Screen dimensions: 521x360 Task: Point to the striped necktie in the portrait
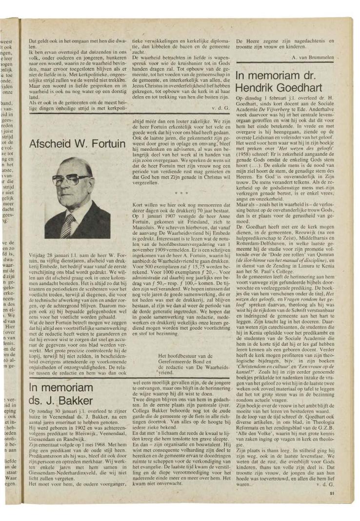[68, 226]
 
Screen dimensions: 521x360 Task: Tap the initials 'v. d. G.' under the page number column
[325, 484]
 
